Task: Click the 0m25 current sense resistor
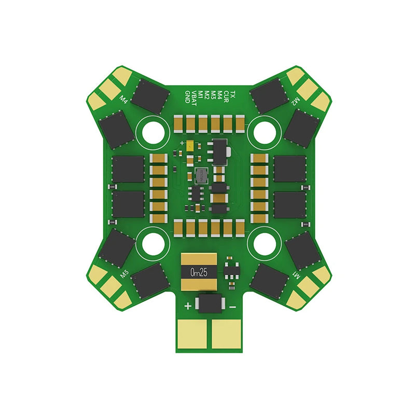tap(199, 271)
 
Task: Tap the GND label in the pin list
tap(187, 96)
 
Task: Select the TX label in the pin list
tap(233, 94)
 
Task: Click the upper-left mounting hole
tap(154, 132)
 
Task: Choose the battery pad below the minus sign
tap(226, 333)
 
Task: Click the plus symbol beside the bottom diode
tap(187, 306)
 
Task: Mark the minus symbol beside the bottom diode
tap(232, 307)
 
